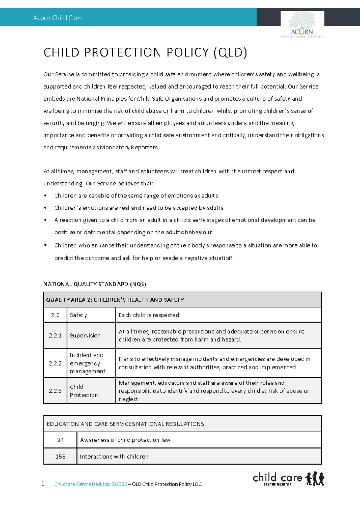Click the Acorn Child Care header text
(57, 18)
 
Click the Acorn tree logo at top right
(302, 24)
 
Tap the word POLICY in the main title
(187, 53)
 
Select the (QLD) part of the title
(230, 53)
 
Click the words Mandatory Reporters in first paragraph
(129, 147)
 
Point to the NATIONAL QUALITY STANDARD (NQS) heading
(95, 284)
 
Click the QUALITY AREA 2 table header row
(182, 300)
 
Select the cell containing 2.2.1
(55, 336)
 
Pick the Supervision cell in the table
(85, 336)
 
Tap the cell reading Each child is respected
(150, 315)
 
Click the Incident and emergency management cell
(88, 363)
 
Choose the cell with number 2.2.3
(55, 391)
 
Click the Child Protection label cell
(84, 391)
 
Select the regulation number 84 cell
(60, 440)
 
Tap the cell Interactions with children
(114, 456)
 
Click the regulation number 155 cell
(60, 456)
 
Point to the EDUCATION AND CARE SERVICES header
(125, 424)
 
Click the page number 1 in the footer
(43, 483)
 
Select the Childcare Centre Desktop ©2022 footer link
(91, 484)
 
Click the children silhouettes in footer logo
(315, 478)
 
